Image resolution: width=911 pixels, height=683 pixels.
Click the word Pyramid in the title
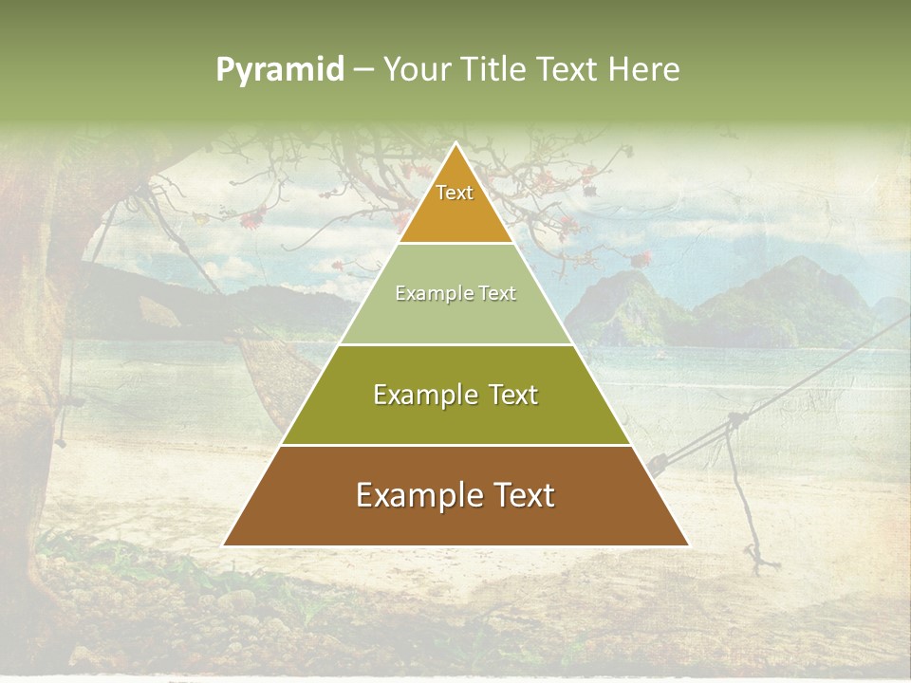[280, 69]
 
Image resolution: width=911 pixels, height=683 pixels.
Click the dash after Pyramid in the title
[363, 70]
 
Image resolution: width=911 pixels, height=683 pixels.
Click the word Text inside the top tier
[455, 193]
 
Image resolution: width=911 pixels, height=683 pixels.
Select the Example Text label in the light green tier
[455, 293]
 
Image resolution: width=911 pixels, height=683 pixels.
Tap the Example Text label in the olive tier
[455, 395]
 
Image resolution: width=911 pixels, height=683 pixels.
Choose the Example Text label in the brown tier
[455, 495]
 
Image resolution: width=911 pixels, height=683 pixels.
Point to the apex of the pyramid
[455, 144]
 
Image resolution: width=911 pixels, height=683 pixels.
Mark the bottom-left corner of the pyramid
[224, 545]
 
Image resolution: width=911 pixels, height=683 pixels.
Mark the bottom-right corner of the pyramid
[687, 545]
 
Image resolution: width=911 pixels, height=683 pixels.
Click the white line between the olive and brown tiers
[455, 445]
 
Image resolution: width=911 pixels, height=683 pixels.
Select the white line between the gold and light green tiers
[455, 243]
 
